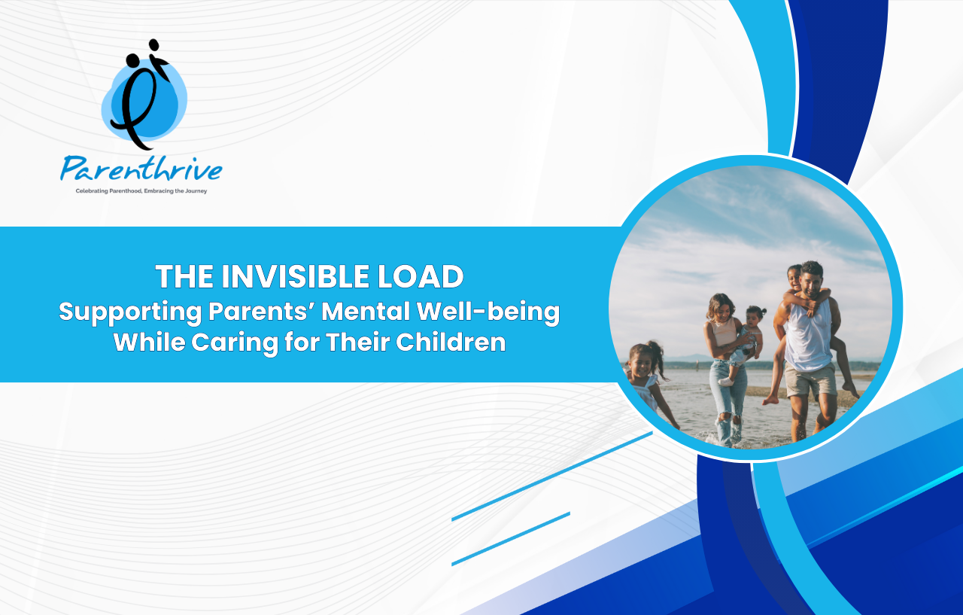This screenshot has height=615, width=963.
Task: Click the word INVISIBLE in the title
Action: (295, 276)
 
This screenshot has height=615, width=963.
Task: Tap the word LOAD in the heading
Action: (421, 276)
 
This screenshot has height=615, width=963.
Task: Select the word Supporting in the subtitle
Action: (130, 312)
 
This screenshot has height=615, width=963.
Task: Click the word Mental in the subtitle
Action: (366, 311)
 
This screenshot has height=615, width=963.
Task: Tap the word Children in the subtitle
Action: (451, 343)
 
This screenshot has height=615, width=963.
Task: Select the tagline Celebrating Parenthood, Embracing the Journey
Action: (141, 191)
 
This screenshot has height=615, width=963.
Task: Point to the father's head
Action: (812, 279)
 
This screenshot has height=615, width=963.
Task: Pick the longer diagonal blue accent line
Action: (552, 476)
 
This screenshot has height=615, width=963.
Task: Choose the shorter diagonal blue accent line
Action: (511, 539)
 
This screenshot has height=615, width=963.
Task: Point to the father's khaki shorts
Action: (810, 381)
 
